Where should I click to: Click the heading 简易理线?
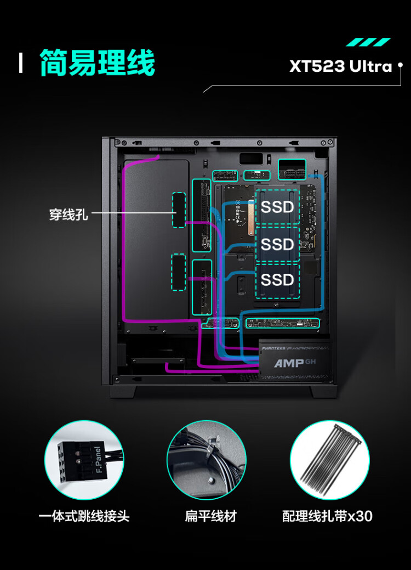click(98, 63)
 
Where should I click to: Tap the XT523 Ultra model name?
click(341, 67)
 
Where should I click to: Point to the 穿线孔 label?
click(68, 214)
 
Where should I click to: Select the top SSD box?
click(277, 207)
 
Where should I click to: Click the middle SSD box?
click(277, 244)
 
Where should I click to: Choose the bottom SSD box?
click(277, 280)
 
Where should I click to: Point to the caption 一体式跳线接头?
click(84, 516)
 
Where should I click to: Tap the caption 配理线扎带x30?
click(327, 516)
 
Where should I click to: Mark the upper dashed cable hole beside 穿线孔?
click(179, 210)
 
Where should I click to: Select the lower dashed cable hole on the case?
click(178, 272)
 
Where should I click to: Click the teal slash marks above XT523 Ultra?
click(368, 42)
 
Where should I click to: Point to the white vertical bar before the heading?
click(21, 63)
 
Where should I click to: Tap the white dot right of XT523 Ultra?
click(400, 65)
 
